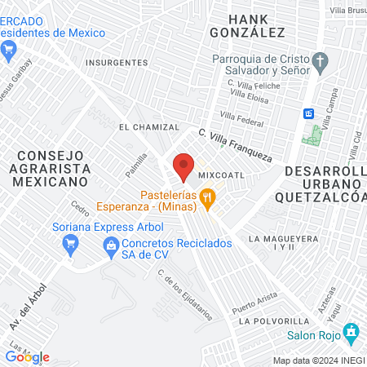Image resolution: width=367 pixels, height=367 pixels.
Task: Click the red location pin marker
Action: (x=183, y=166)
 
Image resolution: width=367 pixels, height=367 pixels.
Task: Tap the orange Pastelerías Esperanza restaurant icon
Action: (x=209, y=196)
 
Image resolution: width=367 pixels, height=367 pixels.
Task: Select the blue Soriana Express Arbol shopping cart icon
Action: (x=70, y=241)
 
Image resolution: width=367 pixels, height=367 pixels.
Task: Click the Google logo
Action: (x=27, y=357)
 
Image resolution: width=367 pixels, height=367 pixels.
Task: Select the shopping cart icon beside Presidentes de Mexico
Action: (x=9, y=51)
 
